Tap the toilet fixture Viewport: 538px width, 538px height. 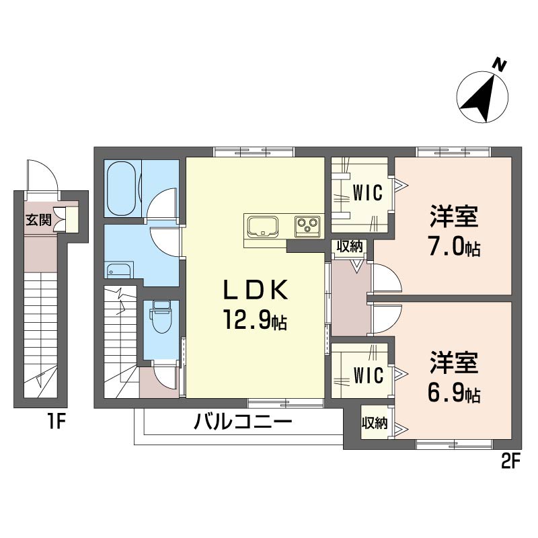[x=161, y=316]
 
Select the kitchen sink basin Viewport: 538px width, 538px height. [x=262, y=226]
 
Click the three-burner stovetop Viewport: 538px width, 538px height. [x=307, y=226]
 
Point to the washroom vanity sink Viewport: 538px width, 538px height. [x=119, y=270]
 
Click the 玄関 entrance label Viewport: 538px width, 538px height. [x=39, y=220]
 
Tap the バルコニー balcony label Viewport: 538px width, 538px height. [x=243, y=422]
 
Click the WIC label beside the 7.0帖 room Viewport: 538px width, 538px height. [x=367, y=193]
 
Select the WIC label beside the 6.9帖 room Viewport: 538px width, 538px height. [x=369, y=375]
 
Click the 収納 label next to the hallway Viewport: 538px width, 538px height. [x=349, y=246]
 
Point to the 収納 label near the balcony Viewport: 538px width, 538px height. [x=375, y=423]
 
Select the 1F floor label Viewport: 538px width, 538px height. [x=56, y=422]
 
